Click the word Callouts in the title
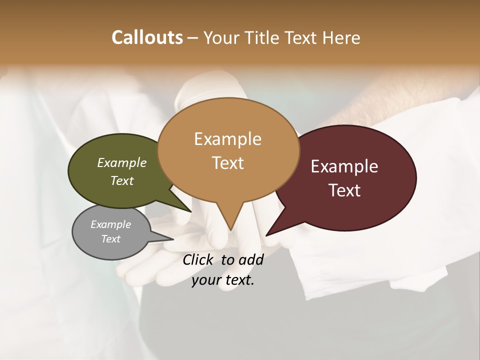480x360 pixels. click(x=147, y=37)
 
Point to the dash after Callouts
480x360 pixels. click(x=192, y=38)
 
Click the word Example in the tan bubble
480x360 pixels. click(x=227, y=139)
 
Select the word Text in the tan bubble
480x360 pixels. click(x=228, y=163)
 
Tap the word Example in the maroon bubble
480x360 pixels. click(x=344, y=166)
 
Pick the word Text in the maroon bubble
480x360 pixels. click(x=345, y=190)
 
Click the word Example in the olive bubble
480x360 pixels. click(x=121, y=163)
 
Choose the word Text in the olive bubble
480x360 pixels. click(x=122, y=181)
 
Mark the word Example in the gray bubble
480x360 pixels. click(x=110, y=225)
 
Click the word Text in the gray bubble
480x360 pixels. click(x=111, y=239)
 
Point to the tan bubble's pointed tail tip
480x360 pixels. click(x=230, y=230)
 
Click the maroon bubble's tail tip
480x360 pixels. click(x=266, y=235)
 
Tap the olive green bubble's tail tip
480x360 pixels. click(x=191, y=211)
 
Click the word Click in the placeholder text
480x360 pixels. click(x=198, y=259)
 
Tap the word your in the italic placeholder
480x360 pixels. click(x=205, y=280)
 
